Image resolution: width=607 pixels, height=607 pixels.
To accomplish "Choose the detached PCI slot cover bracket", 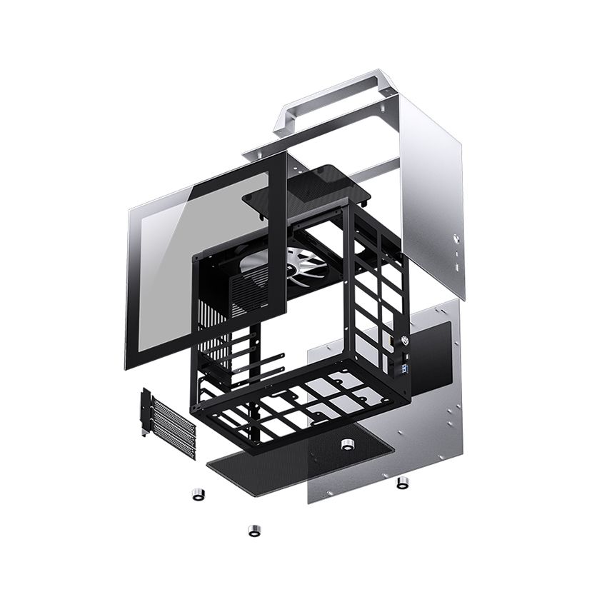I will point(169,426).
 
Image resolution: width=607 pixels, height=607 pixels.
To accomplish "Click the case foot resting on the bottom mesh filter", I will point(348,444).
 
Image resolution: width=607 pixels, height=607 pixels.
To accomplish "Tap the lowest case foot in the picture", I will point(254,531).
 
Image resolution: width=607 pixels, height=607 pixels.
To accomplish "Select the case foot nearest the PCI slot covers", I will point(198,494).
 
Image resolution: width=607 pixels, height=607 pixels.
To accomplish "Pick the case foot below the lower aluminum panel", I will point(402,483).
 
